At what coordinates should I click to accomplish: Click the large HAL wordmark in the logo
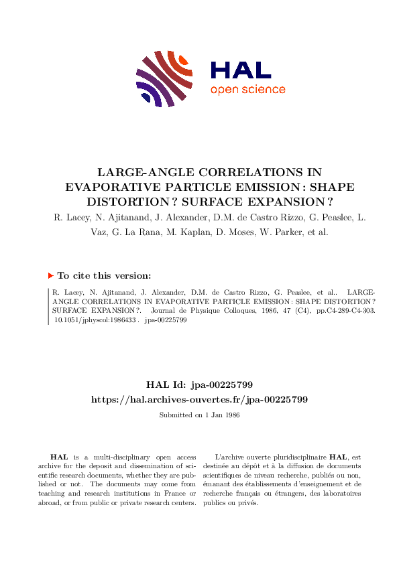[x=240, y=70]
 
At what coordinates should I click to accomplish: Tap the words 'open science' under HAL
[x=247, y=90]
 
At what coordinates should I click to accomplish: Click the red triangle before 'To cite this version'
[x=51, y=275]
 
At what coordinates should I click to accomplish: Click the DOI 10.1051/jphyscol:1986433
[x=95, y=320]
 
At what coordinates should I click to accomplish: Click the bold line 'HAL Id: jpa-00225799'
[x=199, y=384]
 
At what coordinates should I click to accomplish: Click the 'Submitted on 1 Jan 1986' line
[x=199, y=415]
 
